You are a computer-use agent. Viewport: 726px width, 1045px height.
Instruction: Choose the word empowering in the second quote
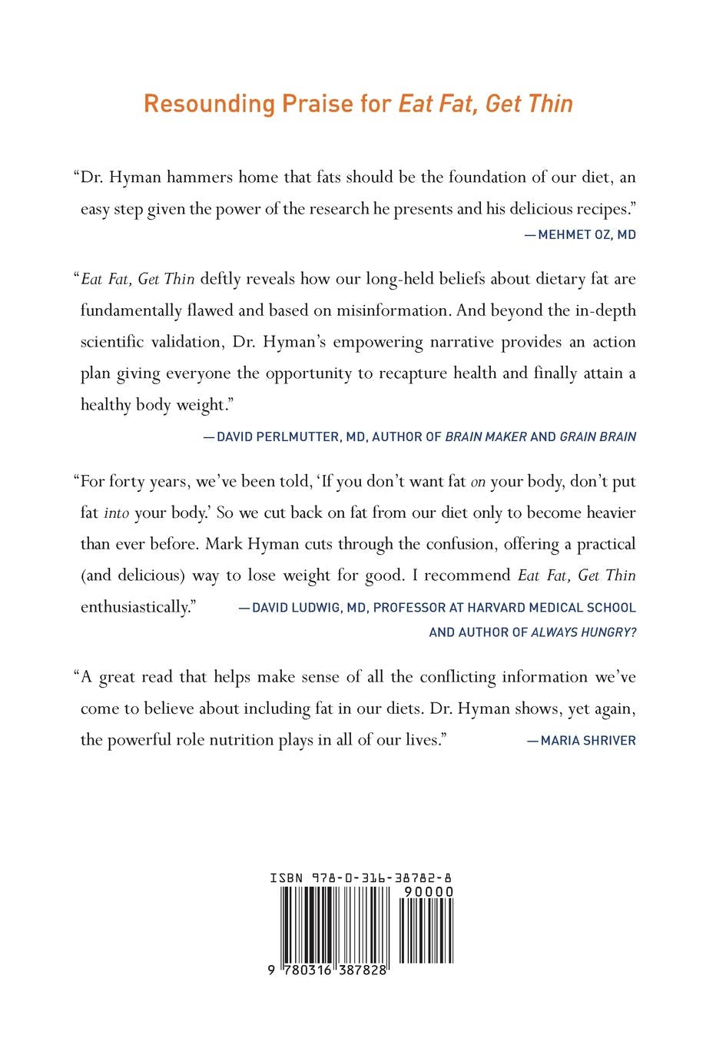(x=378, y=342)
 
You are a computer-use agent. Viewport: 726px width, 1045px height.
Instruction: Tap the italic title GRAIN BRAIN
(x=598, y=436)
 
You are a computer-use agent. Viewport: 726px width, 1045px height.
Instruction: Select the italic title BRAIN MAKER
(x=486, y=436)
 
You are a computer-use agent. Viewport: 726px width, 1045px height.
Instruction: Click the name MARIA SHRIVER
(x=588, y=741)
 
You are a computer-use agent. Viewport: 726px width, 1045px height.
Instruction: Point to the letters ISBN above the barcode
(x=287, y=877)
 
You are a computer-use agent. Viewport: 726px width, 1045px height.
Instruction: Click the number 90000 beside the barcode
(x=428, y=891)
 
